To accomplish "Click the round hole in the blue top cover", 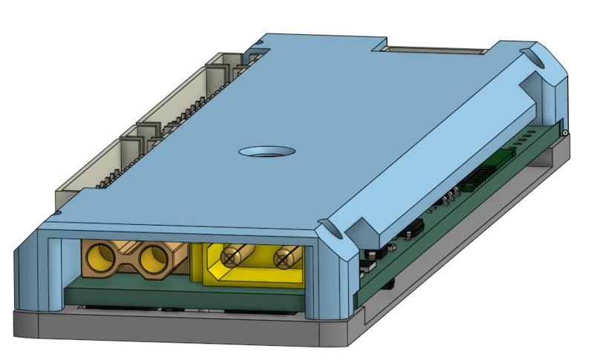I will tap(267, 152).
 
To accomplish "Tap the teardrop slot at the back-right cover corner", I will tap(532, 56).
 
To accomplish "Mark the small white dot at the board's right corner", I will tap(566, 133).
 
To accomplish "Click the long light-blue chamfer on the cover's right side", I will tap(438, 148).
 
